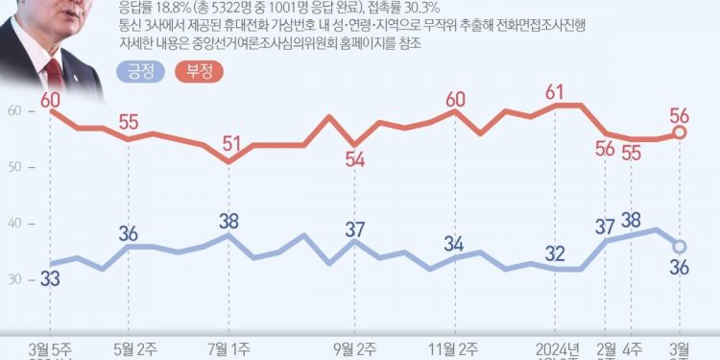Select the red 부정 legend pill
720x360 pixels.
coord(198,70)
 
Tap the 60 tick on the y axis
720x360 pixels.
coord(12,112)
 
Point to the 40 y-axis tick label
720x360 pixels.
coord(12,224)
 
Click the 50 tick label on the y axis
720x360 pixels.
coord(12,168)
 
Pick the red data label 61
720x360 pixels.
coord(555,92)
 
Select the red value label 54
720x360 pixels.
coord(355,159)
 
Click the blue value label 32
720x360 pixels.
coord(555,253)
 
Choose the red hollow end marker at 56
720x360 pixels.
coord(679,132)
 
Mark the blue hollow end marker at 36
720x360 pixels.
coord(679,246)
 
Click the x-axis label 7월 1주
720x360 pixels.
coord(228,346)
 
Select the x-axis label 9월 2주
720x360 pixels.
coord(355,346)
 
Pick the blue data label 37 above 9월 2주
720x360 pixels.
coord(355,229)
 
